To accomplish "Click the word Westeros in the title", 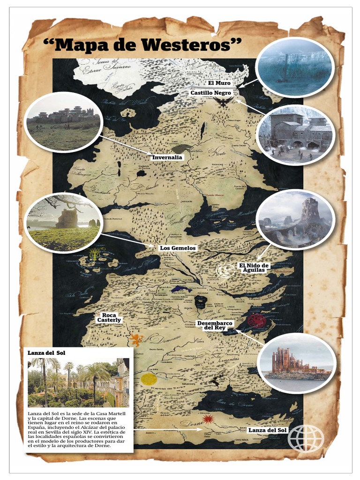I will (191, 45).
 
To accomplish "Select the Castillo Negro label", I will (210, 93).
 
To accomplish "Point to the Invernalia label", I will (167, 157).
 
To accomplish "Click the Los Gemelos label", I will (178, 247).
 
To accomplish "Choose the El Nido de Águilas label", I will (254, 268).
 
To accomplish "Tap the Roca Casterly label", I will (109, 317).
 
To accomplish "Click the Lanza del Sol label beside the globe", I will (267, 430).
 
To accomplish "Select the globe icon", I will (306, 438).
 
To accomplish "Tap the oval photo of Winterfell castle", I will (63, 122).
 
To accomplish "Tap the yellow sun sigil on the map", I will (149, 379).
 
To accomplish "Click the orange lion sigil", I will (136, 339).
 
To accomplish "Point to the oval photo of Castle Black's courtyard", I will (296, 135).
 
